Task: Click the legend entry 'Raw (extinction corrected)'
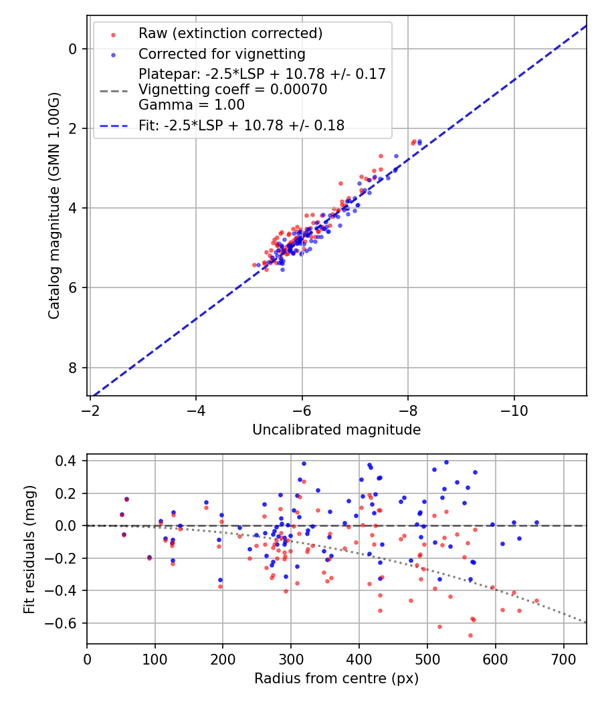230,33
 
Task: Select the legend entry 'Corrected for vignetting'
221,54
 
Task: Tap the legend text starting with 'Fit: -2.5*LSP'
241,126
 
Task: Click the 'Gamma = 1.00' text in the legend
191,105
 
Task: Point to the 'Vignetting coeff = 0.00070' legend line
233,90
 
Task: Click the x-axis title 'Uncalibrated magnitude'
336,430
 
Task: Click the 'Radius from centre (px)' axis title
336,679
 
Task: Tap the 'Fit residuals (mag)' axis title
29,550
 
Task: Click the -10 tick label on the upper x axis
514,408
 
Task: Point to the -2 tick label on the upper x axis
90,408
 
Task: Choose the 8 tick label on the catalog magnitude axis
73,368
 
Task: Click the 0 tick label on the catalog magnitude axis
73,49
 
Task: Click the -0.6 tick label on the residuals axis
64,623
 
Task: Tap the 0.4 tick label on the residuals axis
68,461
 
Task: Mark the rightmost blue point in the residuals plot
536,522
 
